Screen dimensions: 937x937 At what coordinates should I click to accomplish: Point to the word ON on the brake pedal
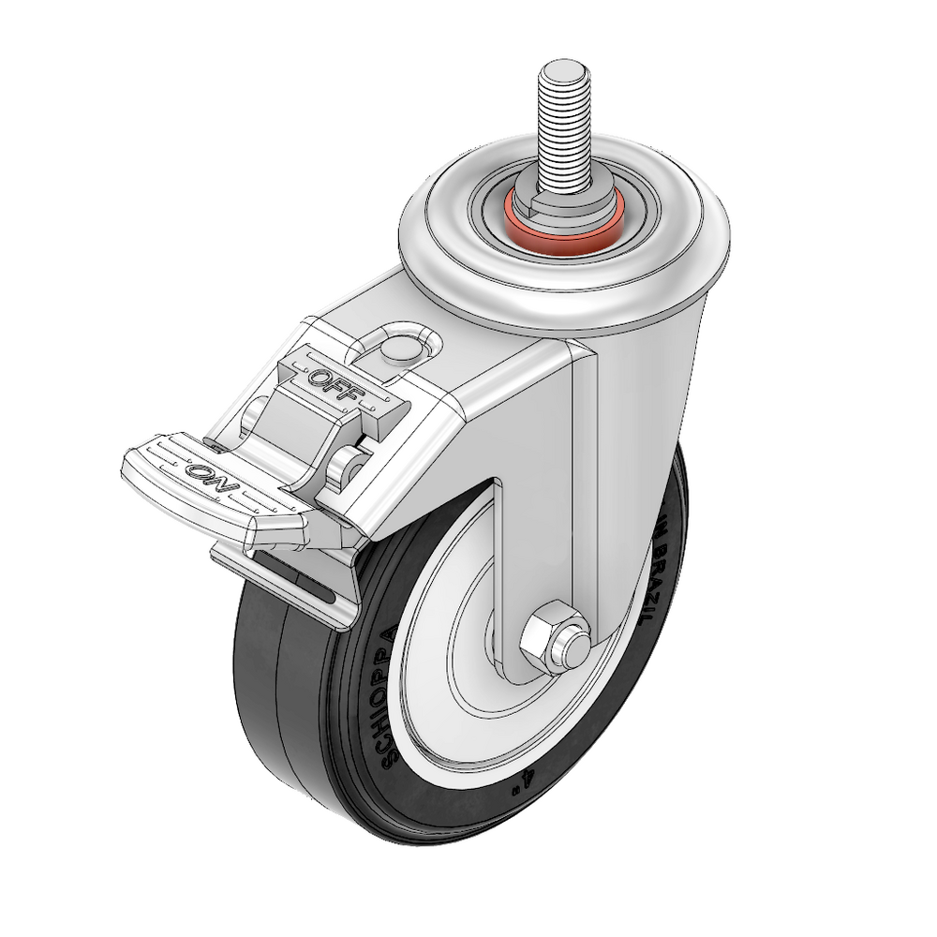click(213, 475)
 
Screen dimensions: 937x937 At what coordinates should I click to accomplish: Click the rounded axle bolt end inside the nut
click(573, 646)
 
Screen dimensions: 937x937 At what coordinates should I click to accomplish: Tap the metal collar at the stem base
click(562, 201)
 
